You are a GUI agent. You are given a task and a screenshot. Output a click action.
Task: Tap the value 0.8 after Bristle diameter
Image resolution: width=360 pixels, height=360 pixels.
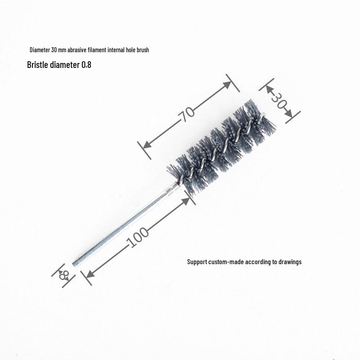86,65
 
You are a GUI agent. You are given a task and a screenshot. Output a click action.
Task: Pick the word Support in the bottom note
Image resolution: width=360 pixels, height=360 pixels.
197,261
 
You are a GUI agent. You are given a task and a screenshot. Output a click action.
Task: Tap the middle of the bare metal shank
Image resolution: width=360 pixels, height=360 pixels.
124,225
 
